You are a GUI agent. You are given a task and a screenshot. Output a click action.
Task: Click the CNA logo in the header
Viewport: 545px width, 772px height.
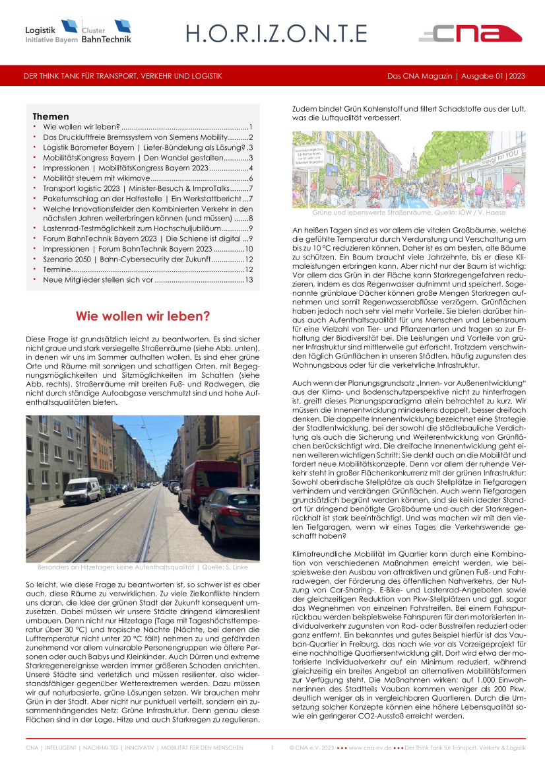470,33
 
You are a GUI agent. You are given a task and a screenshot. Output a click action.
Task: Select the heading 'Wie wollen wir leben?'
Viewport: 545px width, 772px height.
143,316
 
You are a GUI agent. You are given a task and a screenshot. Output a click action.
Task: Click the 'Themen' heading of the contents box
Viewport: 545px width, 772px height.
50,116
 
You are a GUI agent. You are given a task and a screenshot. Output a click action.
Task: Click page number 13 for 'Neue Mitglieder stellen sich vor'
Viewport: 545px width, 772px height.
249,280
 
